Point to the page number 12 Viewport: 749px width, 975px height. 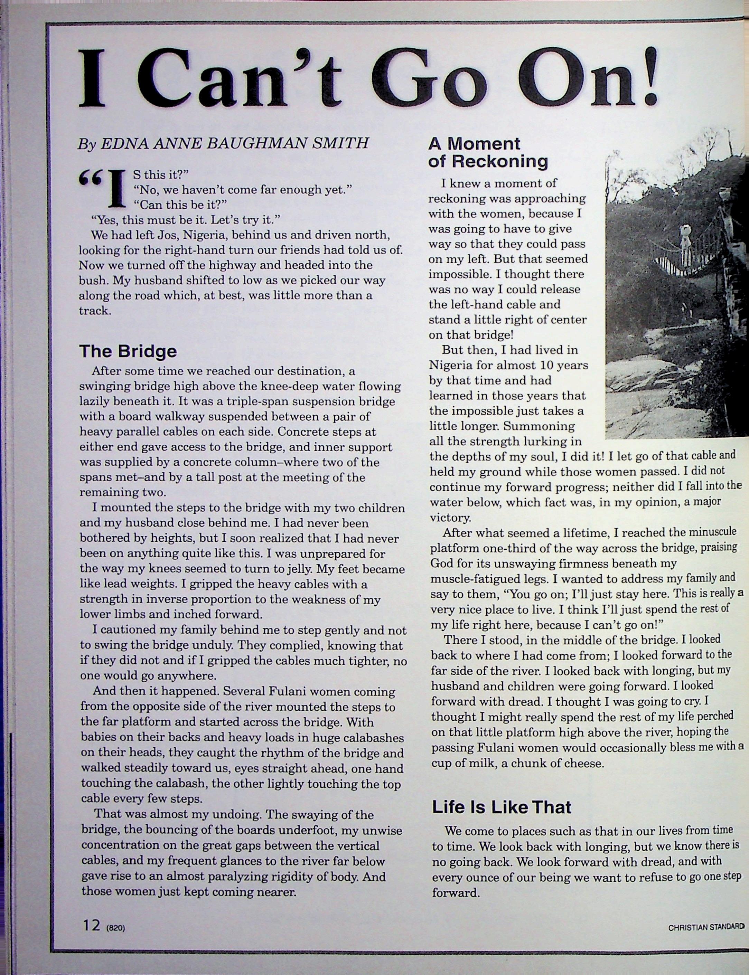[91, 926]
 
